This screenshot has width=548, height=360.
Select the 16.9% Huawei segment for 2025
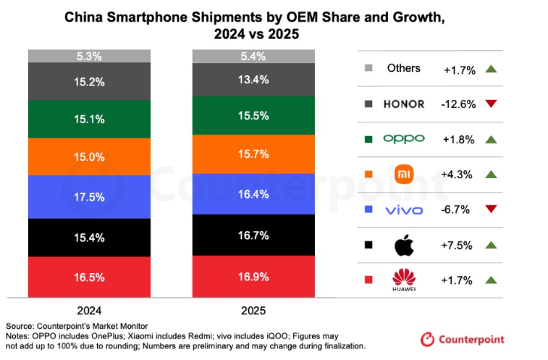coord(253,276)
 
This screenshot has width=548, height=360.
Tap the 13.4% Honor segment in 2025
coord(253,80)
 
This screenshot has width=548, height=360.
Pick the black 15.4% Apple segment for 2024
coord(89,237)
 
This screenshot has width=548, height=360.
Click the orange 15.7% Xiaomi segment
coord(253,154)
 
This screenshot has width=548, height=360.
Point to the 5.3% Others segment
coord(89,56)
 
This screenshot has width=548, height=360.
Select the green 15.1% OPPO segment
coord(89,119)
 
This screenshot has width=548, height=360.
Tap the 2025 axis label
coord(253,310)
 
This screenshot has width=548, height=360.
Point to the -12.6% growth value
coord(459,104)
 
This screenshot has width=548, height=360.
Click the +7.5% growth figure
coord(459,245)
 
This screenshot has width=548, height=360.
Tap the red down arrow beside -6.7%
coord(492,210)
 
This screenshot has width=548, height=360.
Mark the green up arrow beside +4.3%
coord(492,175)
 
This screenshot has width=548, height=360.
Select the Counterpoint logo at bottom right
coord(463,339)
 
